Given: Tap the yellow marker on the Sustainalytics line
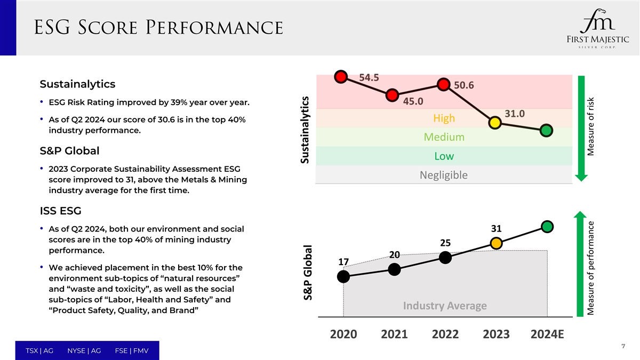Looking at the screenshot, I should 494,122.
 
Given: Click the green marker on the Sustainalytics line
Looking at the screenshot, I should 546,130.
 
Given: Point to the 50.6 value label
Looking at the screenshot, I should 463,85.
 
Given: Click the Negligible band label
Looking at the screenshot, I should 444,175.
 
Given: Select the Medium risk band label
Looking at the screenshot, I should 444,137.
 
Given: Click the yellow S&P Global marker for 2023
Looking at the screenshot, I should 496,243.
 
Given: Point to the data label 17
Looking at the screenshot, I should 344,262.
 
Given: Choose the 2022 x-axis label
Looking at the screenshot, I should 445,334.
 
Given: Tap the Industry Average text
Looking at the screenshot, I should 445,306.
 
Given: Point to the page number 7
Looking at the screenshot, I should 623,346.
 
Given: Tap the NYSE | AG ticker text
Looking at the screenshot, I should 84,350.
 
